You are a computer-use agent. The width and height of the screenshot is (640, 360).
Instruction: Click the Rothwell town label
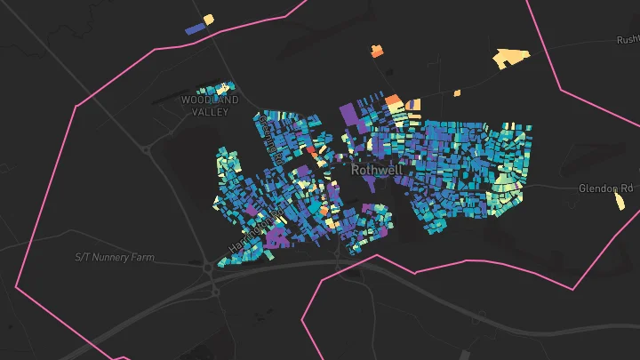[x=378, y=169]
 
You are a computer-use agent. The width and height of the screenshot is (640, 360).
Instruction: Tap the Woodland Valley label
[x=211, y=106]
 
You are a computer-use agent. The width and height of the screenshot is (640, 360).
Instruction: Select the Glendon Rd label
[x=606, y=188]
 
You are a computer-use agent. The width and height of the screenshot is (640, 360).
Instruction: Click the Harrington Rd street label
[x=256, y=228]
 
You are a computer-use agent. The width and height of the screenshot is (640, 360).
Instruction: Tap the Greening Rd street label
[x=271, y=138]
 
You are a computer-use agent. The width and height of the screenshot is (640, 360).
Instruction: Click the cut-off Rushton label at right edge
[x=628, y=40]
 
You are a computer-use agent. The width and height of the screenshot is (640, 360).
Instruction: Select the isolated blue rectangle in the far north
[x=195, y=28]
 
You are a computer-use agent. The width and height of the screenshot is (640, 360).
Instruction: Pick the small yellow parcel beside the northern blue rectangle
[x=209, y=19]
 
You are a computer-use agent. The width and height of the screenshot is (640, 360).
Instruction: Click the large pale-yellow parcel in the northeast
[x=510, y=59]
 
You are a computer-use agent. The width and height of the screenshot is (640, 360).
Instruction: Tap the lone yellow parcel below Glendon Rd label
[x=620, y=202]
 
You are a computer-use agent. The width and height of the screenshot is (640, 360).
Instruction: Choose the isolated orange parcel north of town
[x=377, y=52]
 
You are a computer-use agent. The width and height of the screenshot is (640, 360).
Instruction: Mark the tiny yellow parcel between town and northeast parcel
[x=457, y=92]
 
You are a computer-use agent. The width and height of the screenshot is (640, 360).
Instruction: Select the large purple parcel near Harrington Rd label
[x=277, y=236]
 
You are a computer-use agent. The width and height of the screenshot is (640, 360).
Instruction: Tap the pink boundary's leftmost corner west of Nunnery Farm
[x=16, y=287]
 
